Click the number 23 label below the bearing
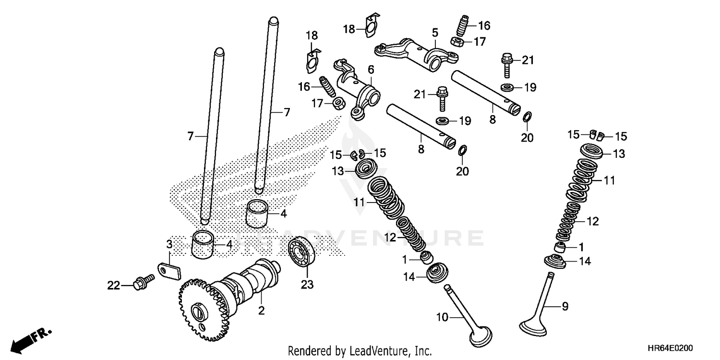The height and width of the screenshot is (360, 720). pyautogui.click(x=307, y=285)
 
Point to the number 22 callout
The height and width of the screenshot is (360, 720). pyautogui.click(x=113, y=285)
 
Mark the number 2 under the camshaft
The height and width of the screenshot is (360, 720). pyautogui.click(x=261, y=311)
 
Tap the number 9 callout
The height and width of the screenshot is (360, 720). pyautogui.click(x=565, y=305)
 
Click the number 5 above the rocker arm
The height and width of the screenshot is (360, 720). pyautogui.click(x=435, y=33)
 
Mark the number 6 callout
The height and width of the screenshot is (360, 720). pyautogui.click(x=371, y=70)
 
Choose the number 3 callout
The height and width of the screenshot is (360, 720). pyautogui.click(x=169, y=244)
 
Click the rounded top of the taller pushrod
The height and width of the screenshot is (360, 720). pyautogui.click(x=273, y=21)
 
